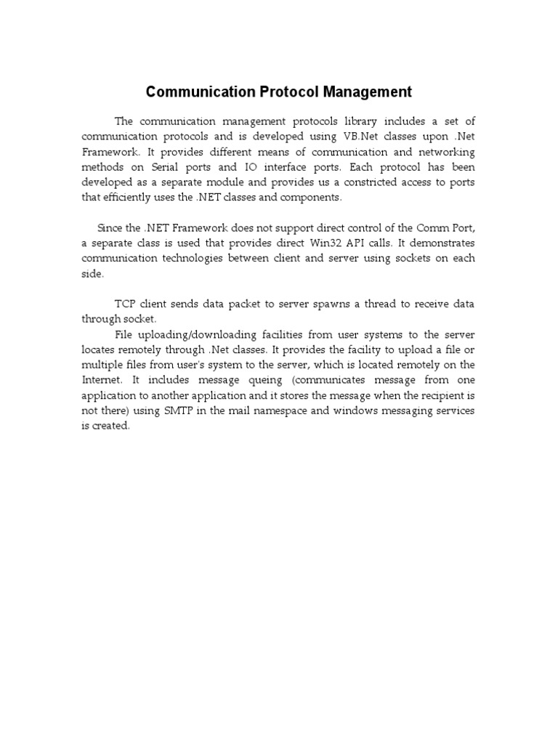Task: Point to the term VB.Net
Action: [x=357, y=136]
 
